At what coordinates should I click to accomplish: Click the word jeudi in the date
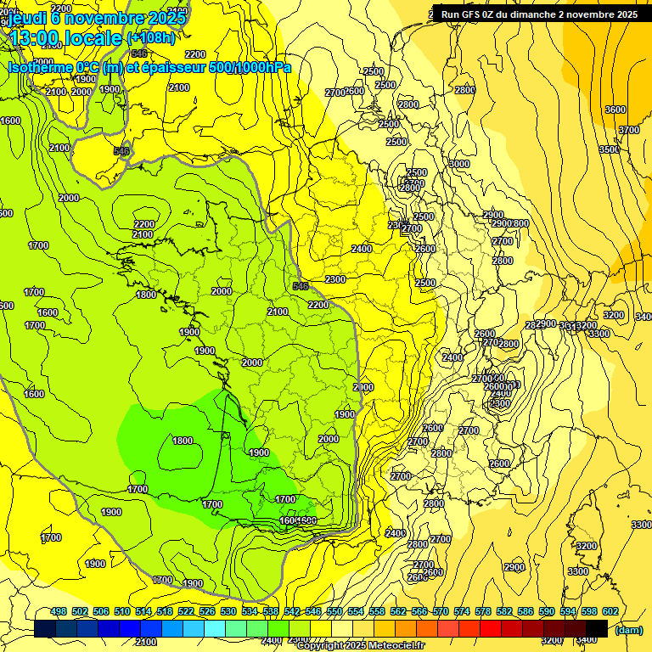(x=30, y=16)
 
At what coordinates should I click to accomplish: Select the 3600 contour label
(x=615, y=110)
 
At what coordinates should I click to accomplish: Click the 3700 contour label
(x=629, y=130)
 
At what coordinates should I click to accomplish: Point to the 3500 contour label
(x=610, y=149)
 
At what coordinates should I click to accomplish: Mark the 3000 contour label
(x=459, y=164)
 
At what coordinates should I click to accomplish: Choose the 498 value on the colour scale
(x=59, y=611)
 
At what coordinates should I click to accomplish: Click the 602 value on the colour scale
(x=610, y=611)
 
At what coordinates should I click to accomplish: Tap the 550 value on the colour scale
(x=334, y=611)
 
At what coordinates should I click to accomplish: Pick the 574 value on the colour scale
(x=462, y=611)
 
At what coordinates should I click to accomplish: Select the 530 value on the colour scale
(x=228, y=611)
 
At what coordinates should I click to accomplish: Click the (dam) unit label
(x=627, y=630)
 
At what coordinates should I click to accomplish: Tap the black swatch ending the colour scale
(x=597, y=628)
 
